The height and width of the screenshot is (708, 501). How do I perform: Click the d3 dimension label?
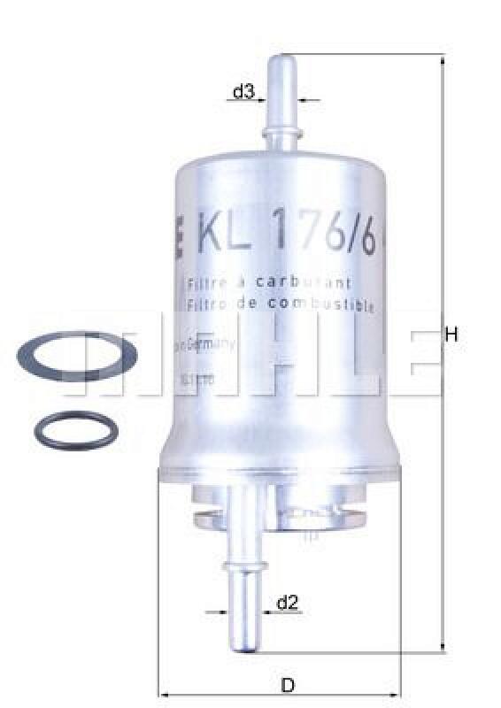pyautogui.click(x=243, y=91)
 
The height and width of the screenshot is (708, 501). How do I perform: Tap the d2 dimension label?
pyautogui.click(x=287, y=604)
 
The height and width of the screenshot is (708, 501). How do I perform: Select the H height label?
pyautogui.click(x=451, y=335)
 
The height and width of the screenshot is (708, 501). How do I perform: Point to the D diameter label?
pyautogui.click(x=287, y=685)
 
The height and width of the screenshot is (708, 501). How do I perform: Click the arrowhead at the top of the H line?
pyautogui.click(x=442, y=59)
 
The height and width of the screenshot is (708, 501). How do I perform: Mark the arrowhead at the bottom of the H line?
pyautogui.click(x=442, y=649)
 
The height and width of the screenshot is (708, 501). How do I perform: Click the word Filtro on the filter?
pyautogui.click(x=204, y=304)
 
